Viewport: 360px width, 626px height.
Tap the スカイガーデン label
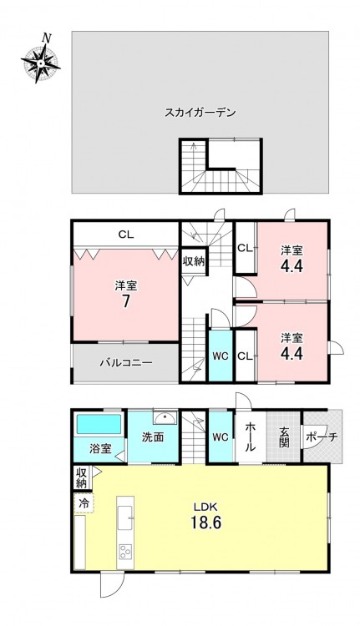[x=200, y=113]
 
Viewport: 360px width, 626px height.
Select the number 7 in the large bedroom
[x=126, y=301]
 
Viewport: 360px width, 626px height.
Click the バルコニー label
[x=126, y=363]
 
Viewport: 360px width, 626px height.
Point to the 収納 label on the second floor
[x=194, y=261]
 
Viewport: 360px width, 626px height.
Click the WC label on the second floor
[x=221, y=356]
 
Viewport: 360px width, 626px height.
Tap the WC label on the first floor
[x=221, y=437]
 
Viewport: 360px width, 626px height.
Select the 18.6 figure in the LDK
[x=205, y=522]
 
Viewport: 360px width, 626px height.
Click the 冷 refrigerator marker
[x=84, y=503]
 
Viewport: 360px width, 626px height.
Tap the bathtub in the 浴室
[x=99, y=424]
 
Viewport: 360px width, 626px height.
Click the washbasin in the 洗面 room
[x=165, y=418]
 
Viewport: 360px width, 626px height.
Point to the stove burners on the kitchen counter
[x=125, y=552]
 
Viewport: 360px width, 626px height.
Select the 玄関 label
[x=284, y=437]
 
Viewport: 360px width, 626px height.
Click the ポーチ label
[x=322, y=437]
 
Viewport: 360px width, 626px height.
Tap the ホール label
[x=250, y=437]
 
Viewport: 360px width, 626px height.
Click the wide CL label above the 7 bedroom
[x=126, y=235]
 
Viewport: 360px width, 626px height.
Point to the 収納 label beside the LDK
[x=82, y=477]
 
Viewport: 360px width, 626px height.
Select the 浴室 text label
[x=100, y=449]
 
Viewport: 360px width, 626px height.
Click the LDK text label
[x=205, y=507]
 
